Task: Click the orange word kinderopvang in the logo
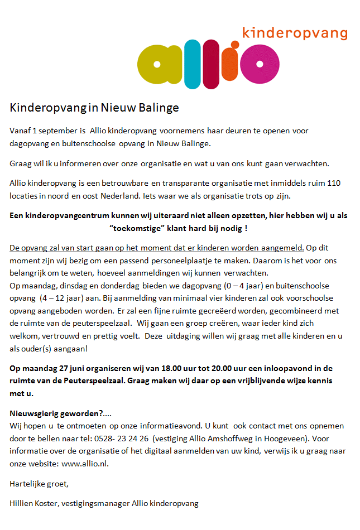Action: pyautogui.click(x=295, y=33)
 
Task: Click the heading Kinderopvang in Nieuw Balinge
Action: pyautogui.click(x=94, y=107)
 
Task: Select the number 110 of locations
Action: pyautogui.click(x=349, y=183)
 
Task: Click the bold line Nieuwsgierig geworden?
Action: pyautogui.click(x=61, y=413)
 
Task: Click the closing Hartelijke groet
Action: pyautogui.click(x=39, y=483)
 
